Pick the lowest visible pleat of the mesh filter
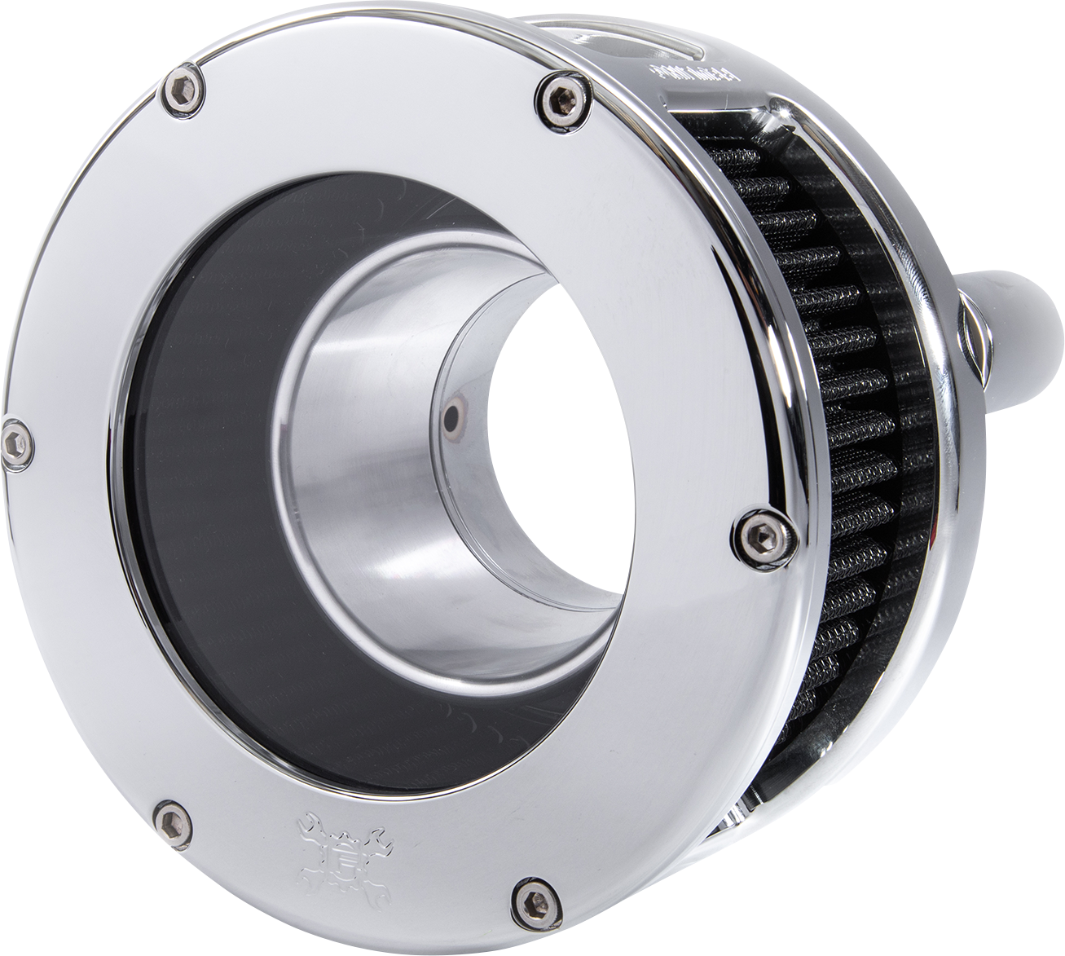(x=831, y=709)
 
